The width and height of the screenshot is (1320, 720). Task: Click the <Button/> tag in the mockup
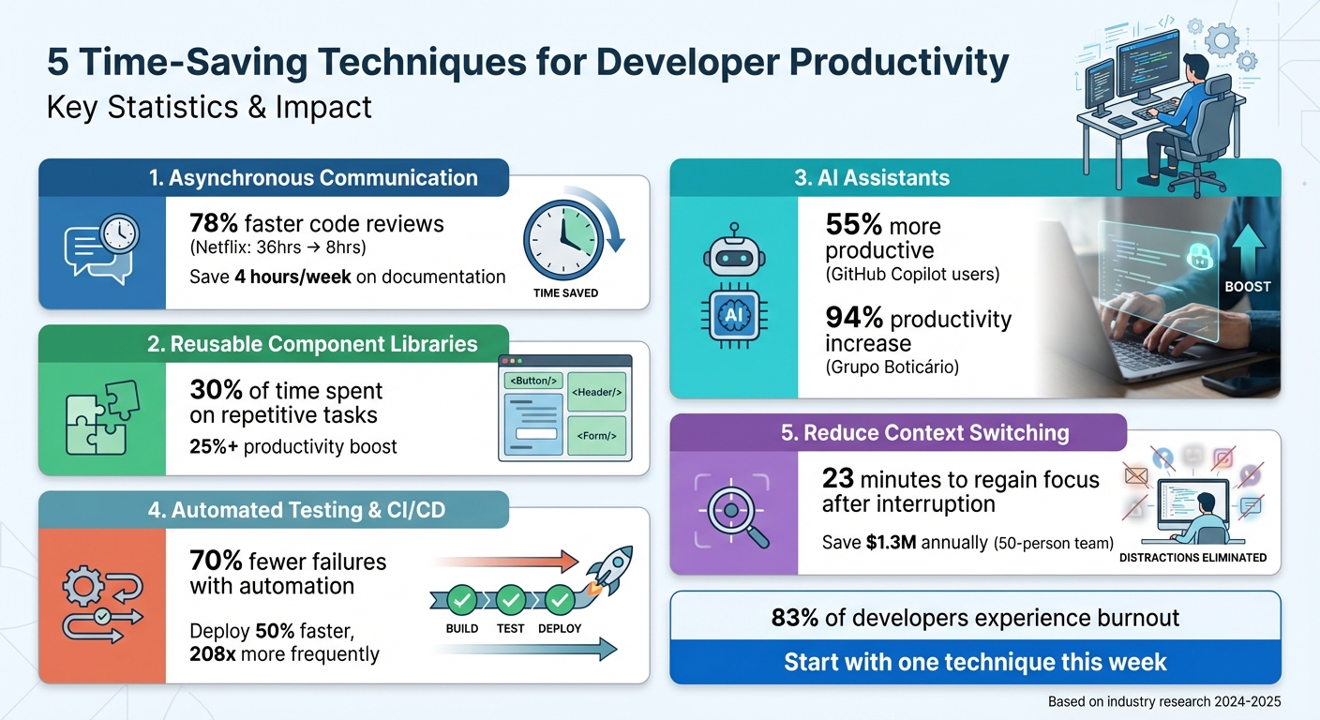coord(532,381)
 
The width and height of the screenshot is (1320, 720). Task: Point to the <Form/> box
coord(596,436)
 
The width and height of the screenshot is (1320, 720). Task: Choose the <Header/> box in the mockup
coord(596,391)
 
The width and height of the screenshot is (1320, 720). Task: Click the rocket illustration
coord(608,572)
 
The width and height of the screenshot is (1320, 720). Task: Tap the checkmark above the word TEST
coord(511,599)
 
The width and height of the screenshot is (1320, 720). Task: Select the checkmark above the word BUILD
coord(461,599)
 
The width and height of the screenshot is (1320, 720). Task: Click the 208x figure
coord(213,654)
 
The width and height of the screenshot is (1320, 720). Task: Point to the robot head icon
coord(733,252)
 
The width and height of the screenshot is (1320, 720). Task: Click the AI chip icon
coord(733,315)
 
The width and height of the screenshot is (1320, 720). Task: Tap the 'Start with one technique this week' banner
coord(975,662)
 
